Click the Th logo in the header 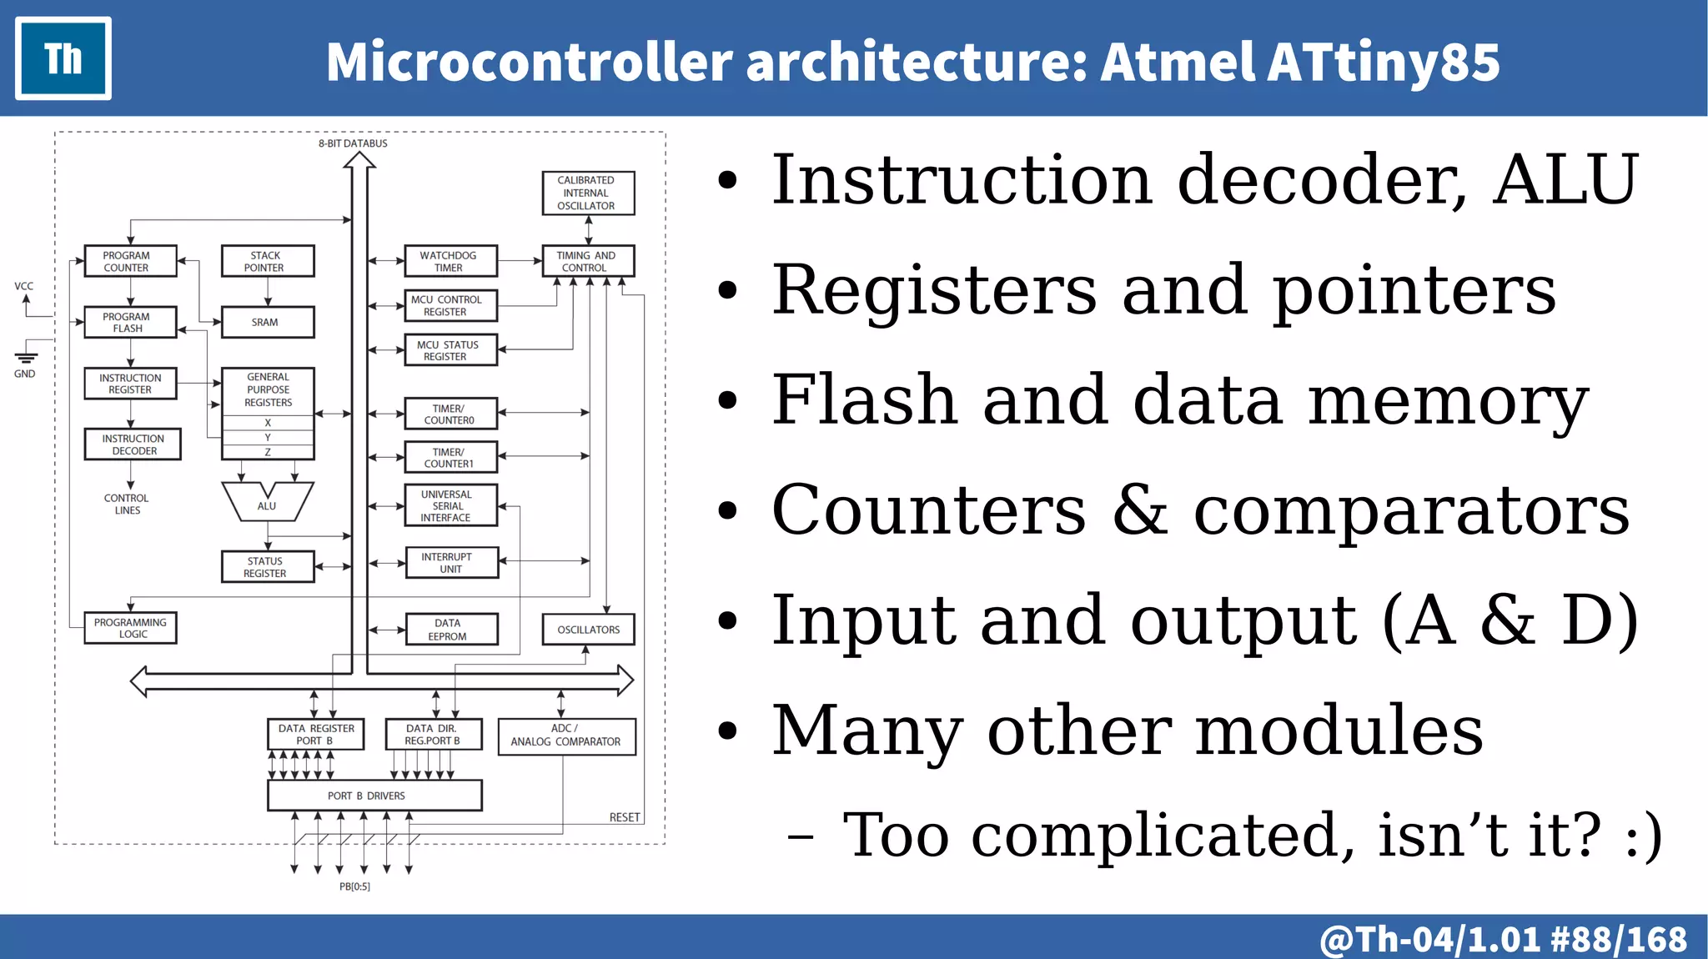[63, 58]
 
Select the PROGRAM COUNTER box [130, 261]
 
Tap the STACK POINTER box [268, 261]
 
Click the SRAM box [268, 322]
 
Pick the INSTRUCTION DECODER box [133, 444]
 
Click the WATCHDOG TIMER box [450, 261]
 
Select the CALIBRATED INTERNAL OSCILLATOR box [588, 193]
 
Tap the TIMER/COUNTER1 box [450, 458]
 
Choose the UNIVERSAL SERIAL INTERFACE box [450, 505]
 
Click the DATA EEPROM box [451, 630]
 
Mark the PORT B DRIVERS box [374, 796]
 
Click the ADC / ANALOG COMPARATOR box [566, 736]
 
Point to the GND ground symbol [26, 359]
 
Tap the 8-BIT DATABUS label [353, 143]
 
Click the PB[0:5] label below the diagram [354, 886]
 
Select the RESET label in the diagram [624, 817]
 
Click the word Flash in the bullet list [863, 399]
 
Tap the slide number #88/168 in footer [1618, 939]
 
